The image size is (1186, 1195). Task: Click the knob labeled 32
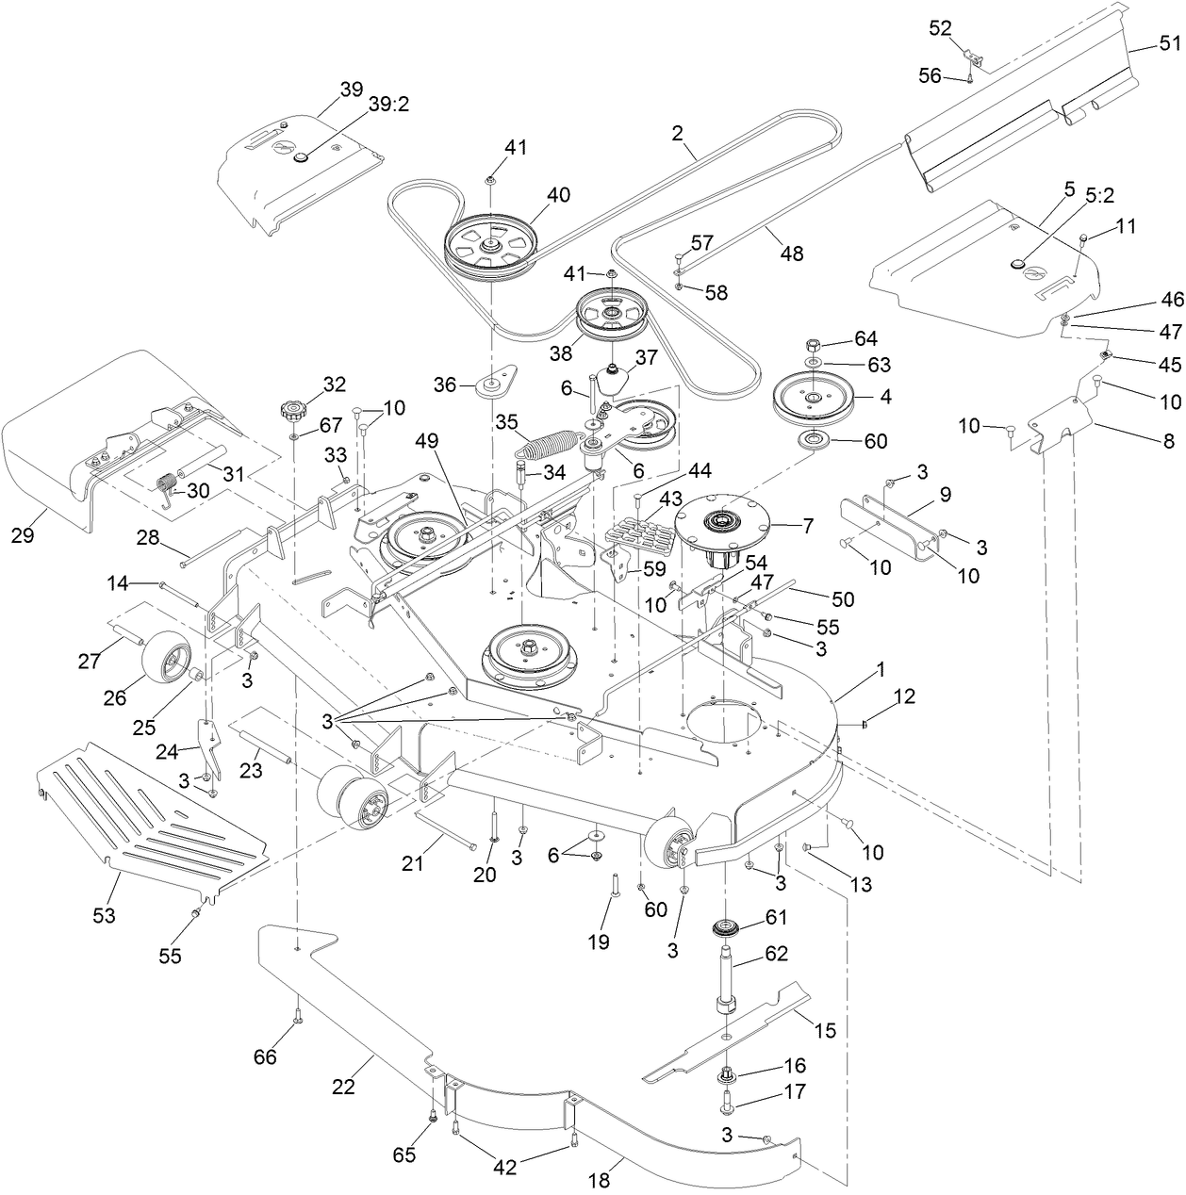click(292, 411)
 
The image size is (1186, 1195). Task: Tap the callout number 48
click(792, 254)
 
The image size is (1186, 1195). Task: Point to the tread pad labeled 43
click(642, 539)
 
